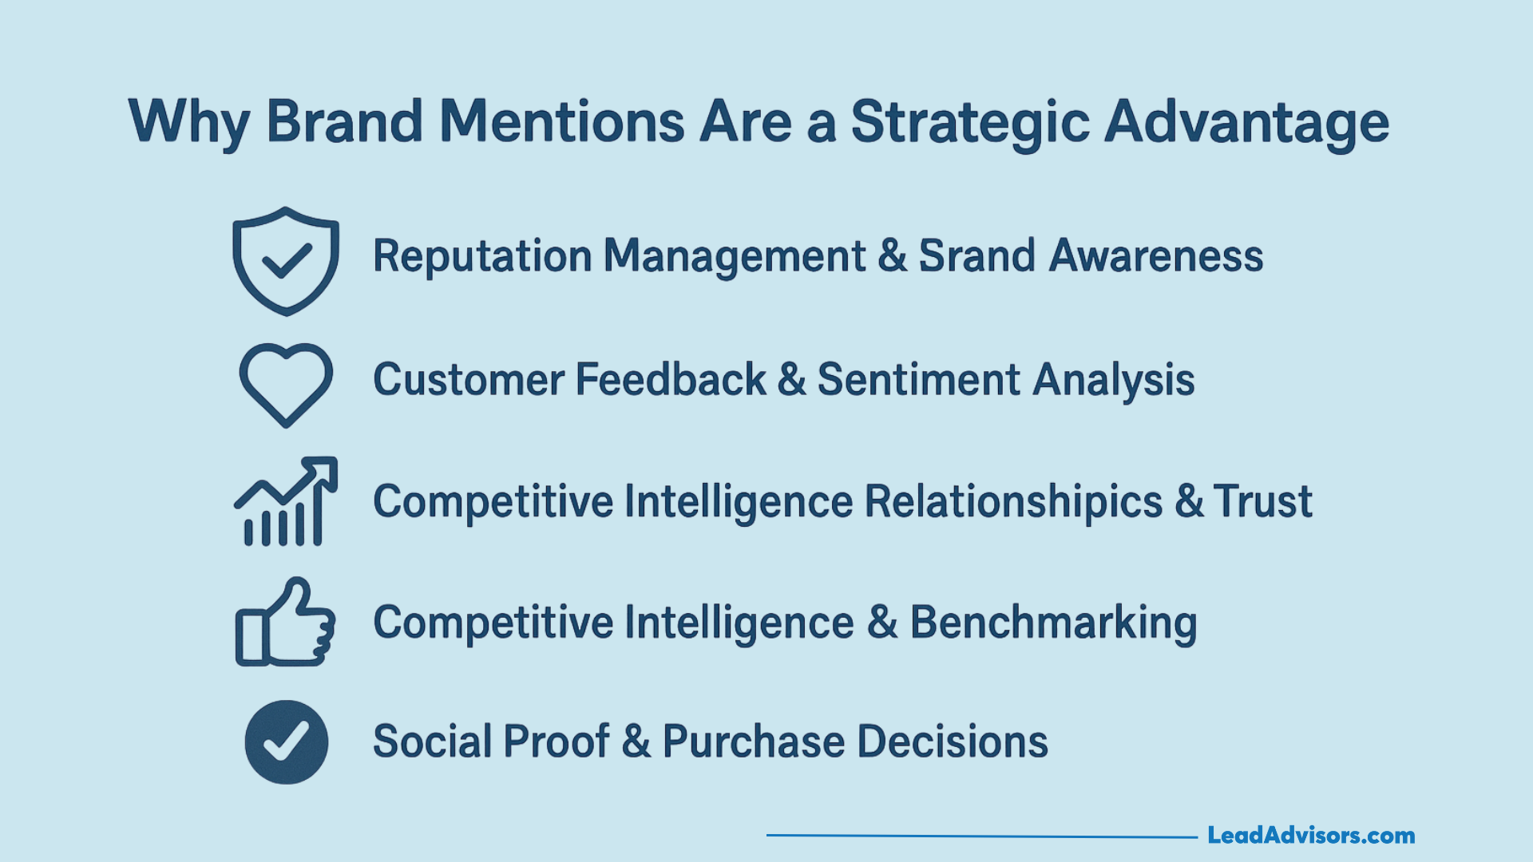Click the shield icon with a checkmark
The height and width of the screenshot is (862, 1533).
tap(286, 261)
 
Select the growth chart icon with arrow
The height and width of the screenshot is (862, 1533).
tap(286, 501)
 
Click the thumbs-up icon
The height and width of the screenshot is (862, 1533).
tap(285, 622)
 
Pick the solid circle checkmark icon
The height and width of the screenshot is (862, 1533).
tap(287, 742)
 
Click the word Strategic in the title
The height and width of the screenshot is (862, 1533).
tap(970, 124)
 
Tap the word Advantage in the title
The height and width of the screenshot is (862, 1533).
tap(1247, 124)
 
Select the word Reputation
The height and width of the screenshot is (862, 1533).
tap(483, 257)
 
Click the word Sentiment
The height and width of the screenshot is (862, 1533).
tap(919, 379)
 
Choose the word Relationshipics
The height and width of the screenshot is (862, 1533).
tap(1013, 502)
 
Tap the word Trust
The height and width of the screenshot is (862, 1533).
tap(1262, 501)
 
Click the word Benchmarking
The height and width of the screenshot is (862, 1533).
tap(1053, 623)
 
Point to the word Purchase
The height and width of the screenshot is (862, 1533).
tap(754, 741)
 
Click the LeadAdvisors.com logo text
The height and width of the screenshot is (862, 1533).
tap(1311, 836)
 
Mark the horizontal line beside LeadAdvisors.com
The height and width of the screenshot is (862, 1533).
tap(982, 836)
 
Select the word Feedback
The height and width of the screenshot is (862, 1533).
tap(671, 379)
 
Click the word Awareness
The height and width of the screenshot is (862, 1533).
tap(1156, 256)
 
